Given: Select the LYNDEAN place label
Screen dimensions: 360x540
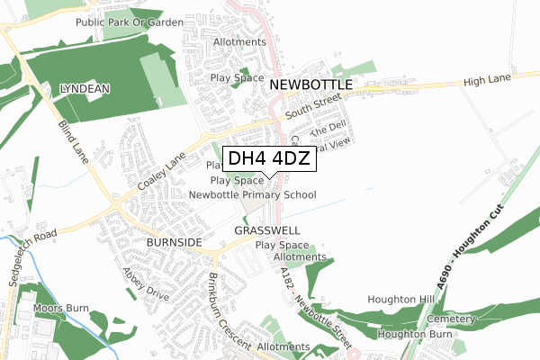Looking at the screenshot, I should [x=85, y=90].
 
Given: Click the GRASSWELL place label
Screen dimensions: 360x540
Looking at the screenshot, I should [x=266, y=230].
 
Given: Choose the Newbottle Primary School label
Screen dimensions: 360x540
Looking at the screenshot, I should [x=253, y=194].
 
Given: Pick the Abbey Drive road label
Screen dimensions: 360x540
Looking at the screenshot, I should [x=147, y=287].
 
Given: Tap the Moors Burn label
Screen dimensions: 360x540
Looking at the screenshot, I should [x=61, y=309].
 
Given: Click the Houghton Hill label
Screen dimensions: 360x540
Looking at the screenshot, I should [x=400, y=300].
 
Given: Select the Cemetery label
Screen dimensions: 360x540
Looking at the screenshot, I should [x=451, y=319].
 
